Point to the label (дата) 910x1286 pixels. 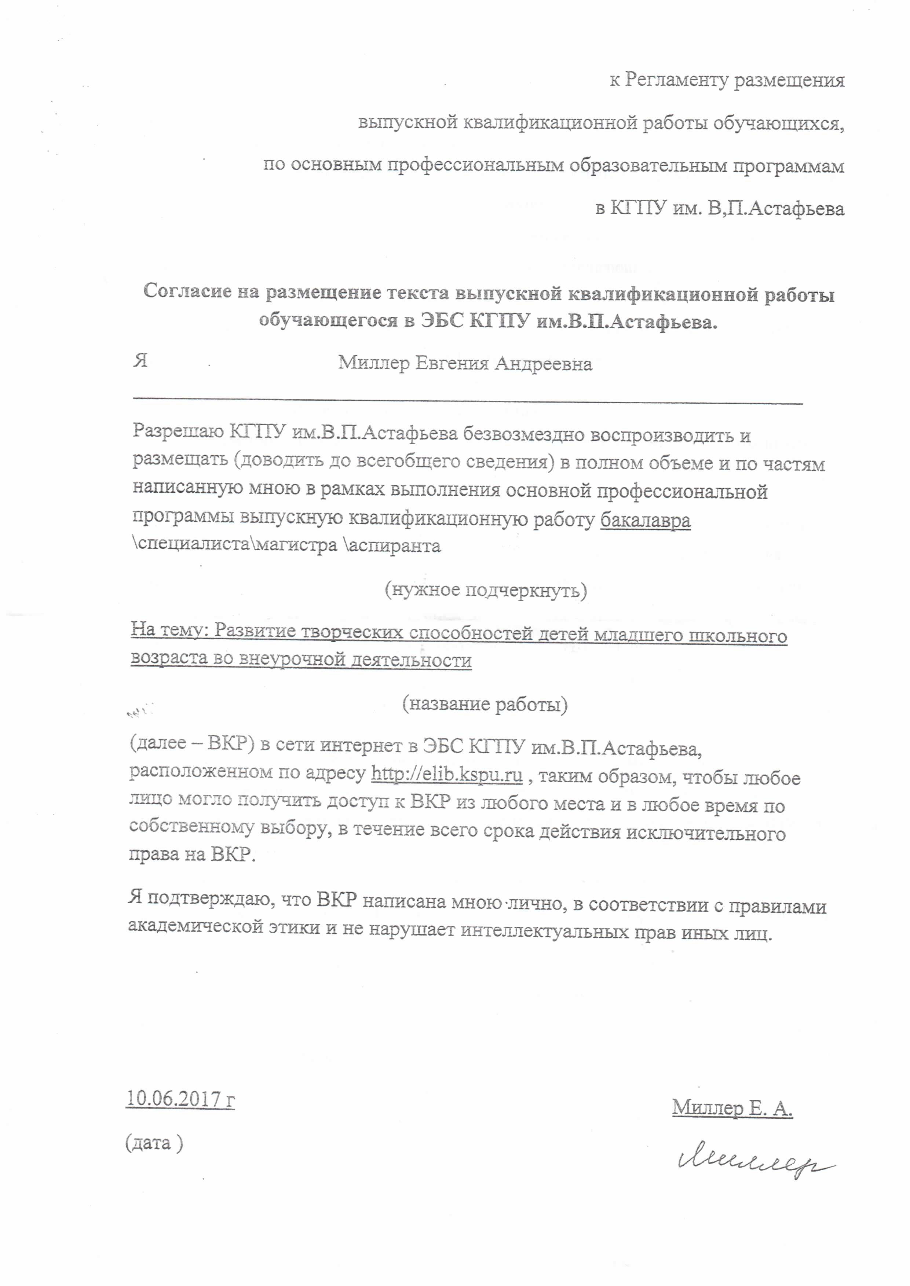(154, 1143)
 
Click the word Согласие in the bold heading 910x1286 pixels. (187, 291)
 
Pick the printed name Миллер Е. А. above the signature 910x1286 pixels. (732, 1107)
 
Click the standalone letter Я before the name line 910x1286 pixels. (140, 360)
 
